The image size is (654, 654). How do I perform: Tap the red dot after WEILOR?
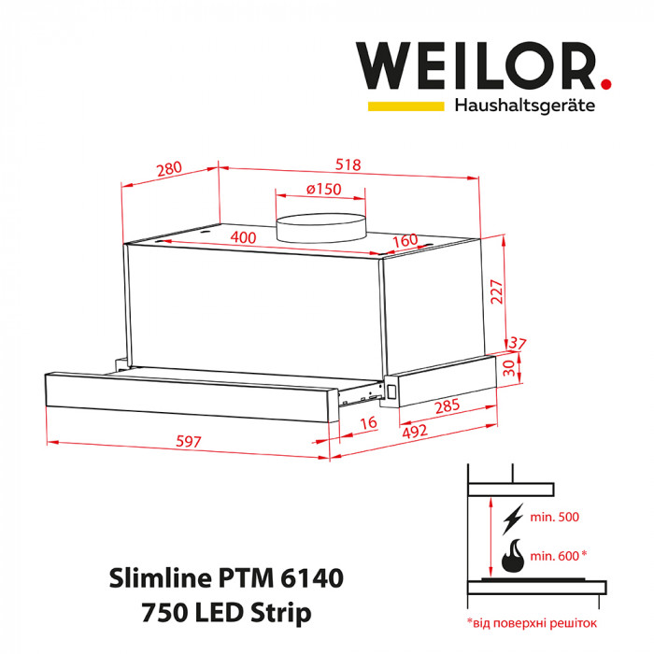[x=605, y=83]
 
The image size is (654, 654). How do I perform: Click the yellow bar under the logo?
[x=405, y=107]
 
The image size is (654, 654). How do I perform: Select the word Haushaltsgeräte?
[x=524, y=106]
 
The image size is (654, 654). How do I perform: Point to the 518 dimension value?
[x=348, y=164]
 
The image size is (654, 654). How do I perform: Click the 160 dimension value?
[x=405, y=240]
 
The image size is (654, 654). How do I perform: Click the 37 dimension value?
[x=519, y=346]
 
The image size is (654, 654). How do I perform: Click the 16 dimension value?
[x=368, y=423]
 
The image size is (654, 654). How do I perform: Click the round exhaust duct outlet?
[x=320, y=226]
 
